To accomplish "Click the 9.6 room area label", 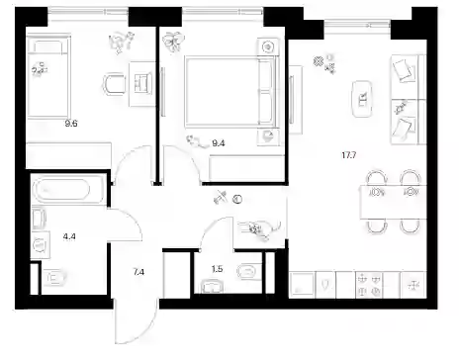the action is [x=71, y=124].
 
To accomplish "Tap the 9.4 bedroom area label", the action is [x=219, y=143].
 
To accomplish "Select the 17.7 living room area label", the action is [x=349, y=155].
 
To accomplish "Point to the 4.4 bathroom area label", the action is [x=69, y=236].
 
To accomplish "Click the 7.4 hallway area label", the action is [x=138, y=272].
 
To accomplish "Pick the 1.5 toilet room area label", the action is [x=217, y=269].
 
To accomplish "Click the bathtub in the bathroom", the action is [x=62, y=190].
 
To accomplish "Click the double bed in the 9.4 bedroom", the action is [x=230, y=91].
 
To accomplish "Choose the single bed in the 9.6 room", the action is [x=48, y=77].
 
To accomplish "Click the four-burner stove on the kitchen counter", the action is [x=369, y=285].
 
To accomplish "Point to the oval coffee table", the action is [x=362, y=99].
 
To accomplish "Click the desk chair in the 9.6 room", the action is [x=113, y=84].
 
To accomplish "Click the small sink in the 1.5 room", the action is [x=212, y=286].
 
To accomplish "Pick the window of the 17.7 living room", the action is [x=357, y=25].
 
